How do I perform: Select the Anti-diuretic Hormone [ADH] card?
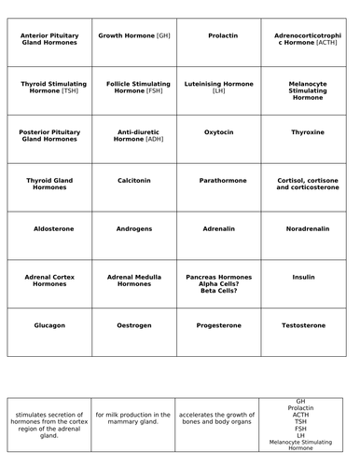(134, 135)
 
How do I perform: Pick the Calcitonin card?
(134, 180)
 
